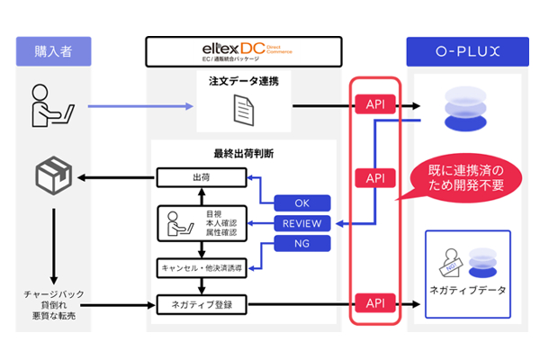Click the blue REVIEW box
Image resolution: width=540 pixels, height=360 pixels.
[x=302, y=222]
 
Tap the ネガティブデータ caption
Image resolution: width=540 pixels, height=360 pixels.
[x=467, y=291]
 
